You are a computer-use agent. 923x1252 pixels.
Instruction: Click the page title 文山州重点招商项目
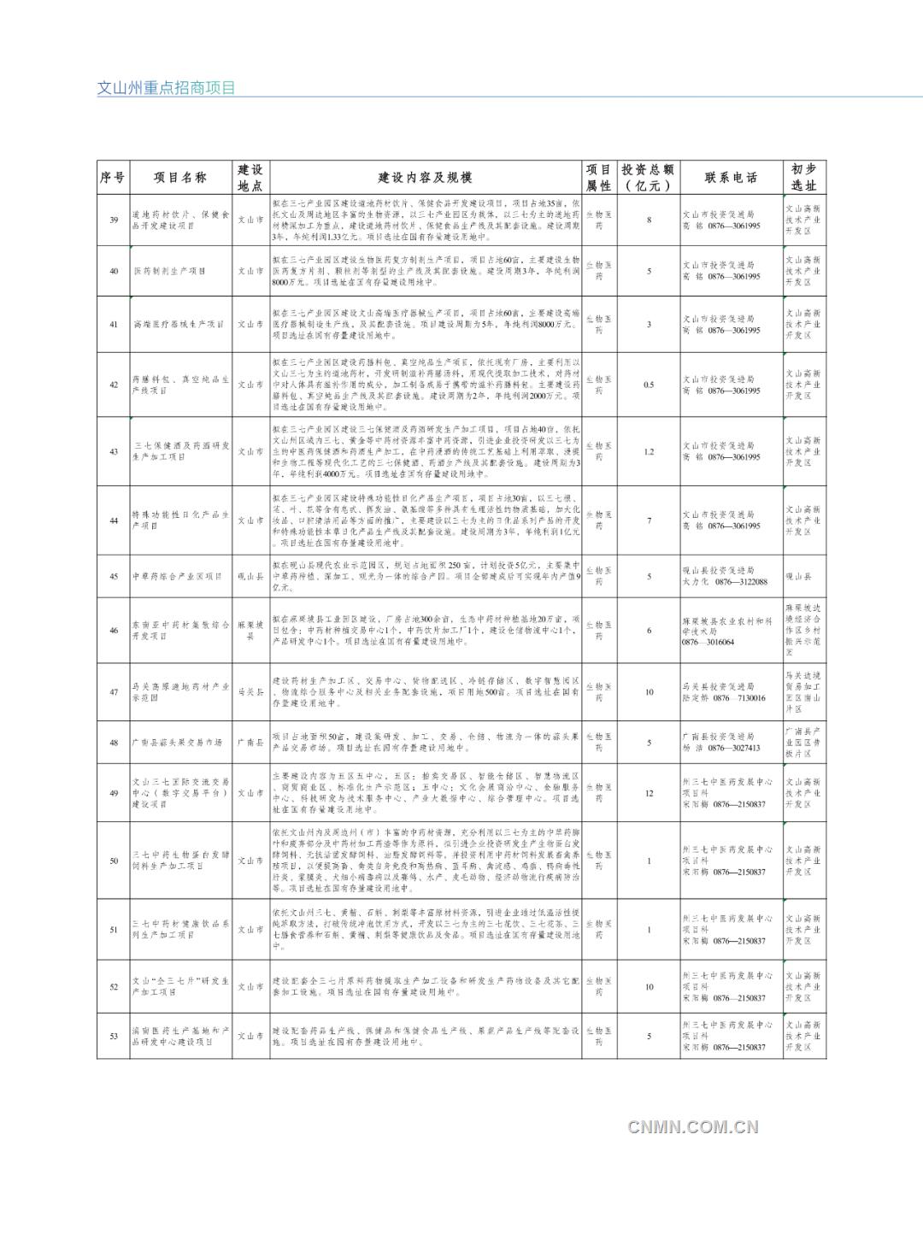[x=166, y=88]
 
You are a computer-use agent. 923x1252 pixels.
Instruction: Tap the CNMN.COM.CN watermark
[x=692, y=1126]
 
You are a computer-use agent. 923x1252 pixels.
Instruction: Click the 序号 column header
[x=113, y=178]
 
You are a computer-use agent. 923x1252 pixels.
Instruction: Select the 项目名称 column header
[x=179, y=178]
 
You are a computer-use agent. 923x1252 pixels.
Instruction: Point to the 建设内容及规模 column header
[x=425, y=178]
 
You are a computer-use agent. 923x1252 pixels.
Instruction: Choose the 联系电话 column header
[x=731, y=178]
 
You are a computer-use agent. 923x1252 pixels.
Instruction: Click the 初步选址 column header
[x=803, y=178]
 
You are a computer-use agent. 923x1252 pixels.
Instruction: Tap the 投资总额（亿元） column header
[x=649, y=178]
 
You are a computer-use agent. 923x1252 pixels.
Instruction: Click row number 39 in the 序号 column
[x=114, y=220]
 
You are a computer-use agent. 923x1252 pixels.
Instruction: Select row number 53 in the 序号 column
[x=114, y=1037]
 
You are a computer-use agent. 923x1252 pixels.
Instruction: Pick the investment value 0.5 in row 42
[x=649, y=385]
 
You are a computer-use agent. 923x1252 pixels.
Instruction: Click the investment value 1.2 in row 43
[x=649, y=451]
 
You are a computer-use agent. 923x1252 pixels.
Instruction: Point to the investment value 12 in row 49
[x=649, y=793]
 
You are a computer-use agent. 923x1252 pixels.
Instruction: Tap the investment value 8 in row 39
[x=649, y=220]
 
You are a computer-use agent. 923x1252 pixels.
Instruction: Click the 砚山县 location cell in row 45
[x=250, y=577]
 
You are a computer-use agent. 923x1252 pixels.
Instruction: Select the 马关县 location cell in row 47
[x=250, y=692]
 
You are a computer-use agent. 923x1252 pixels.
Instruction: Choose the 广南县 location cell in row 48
[x=250, y=743]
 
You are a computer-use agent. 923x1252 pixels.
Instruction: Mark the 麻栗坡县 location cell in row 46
[x=250, y=631]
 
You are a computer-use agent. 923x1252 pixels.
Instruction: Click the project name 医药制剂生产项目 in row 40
[x=169, y=271]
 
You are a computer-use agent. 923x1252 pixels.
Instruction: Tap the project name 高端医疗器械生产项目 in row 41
[x=178, y=325]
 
